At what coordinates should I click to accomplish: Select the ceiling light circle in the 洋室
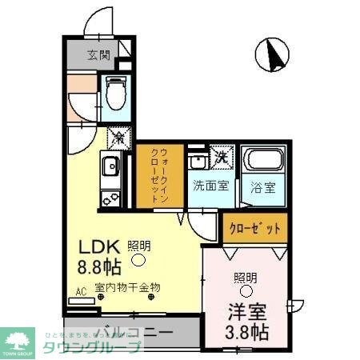246,292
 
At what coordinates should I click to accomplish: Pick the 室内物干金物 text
128,286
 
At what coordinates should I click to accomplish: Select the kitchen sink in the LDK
109,168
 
